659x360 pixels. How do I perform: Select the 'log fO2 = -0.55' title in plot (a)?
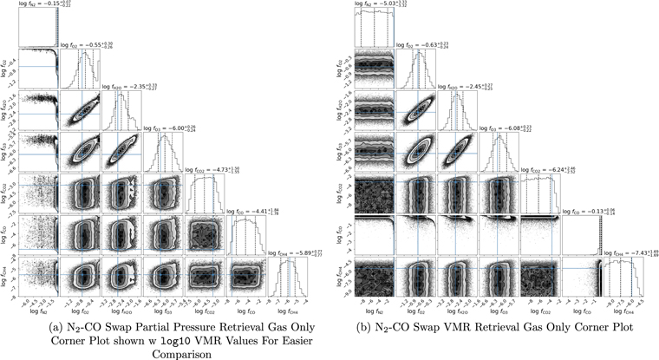pos(85,43)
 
